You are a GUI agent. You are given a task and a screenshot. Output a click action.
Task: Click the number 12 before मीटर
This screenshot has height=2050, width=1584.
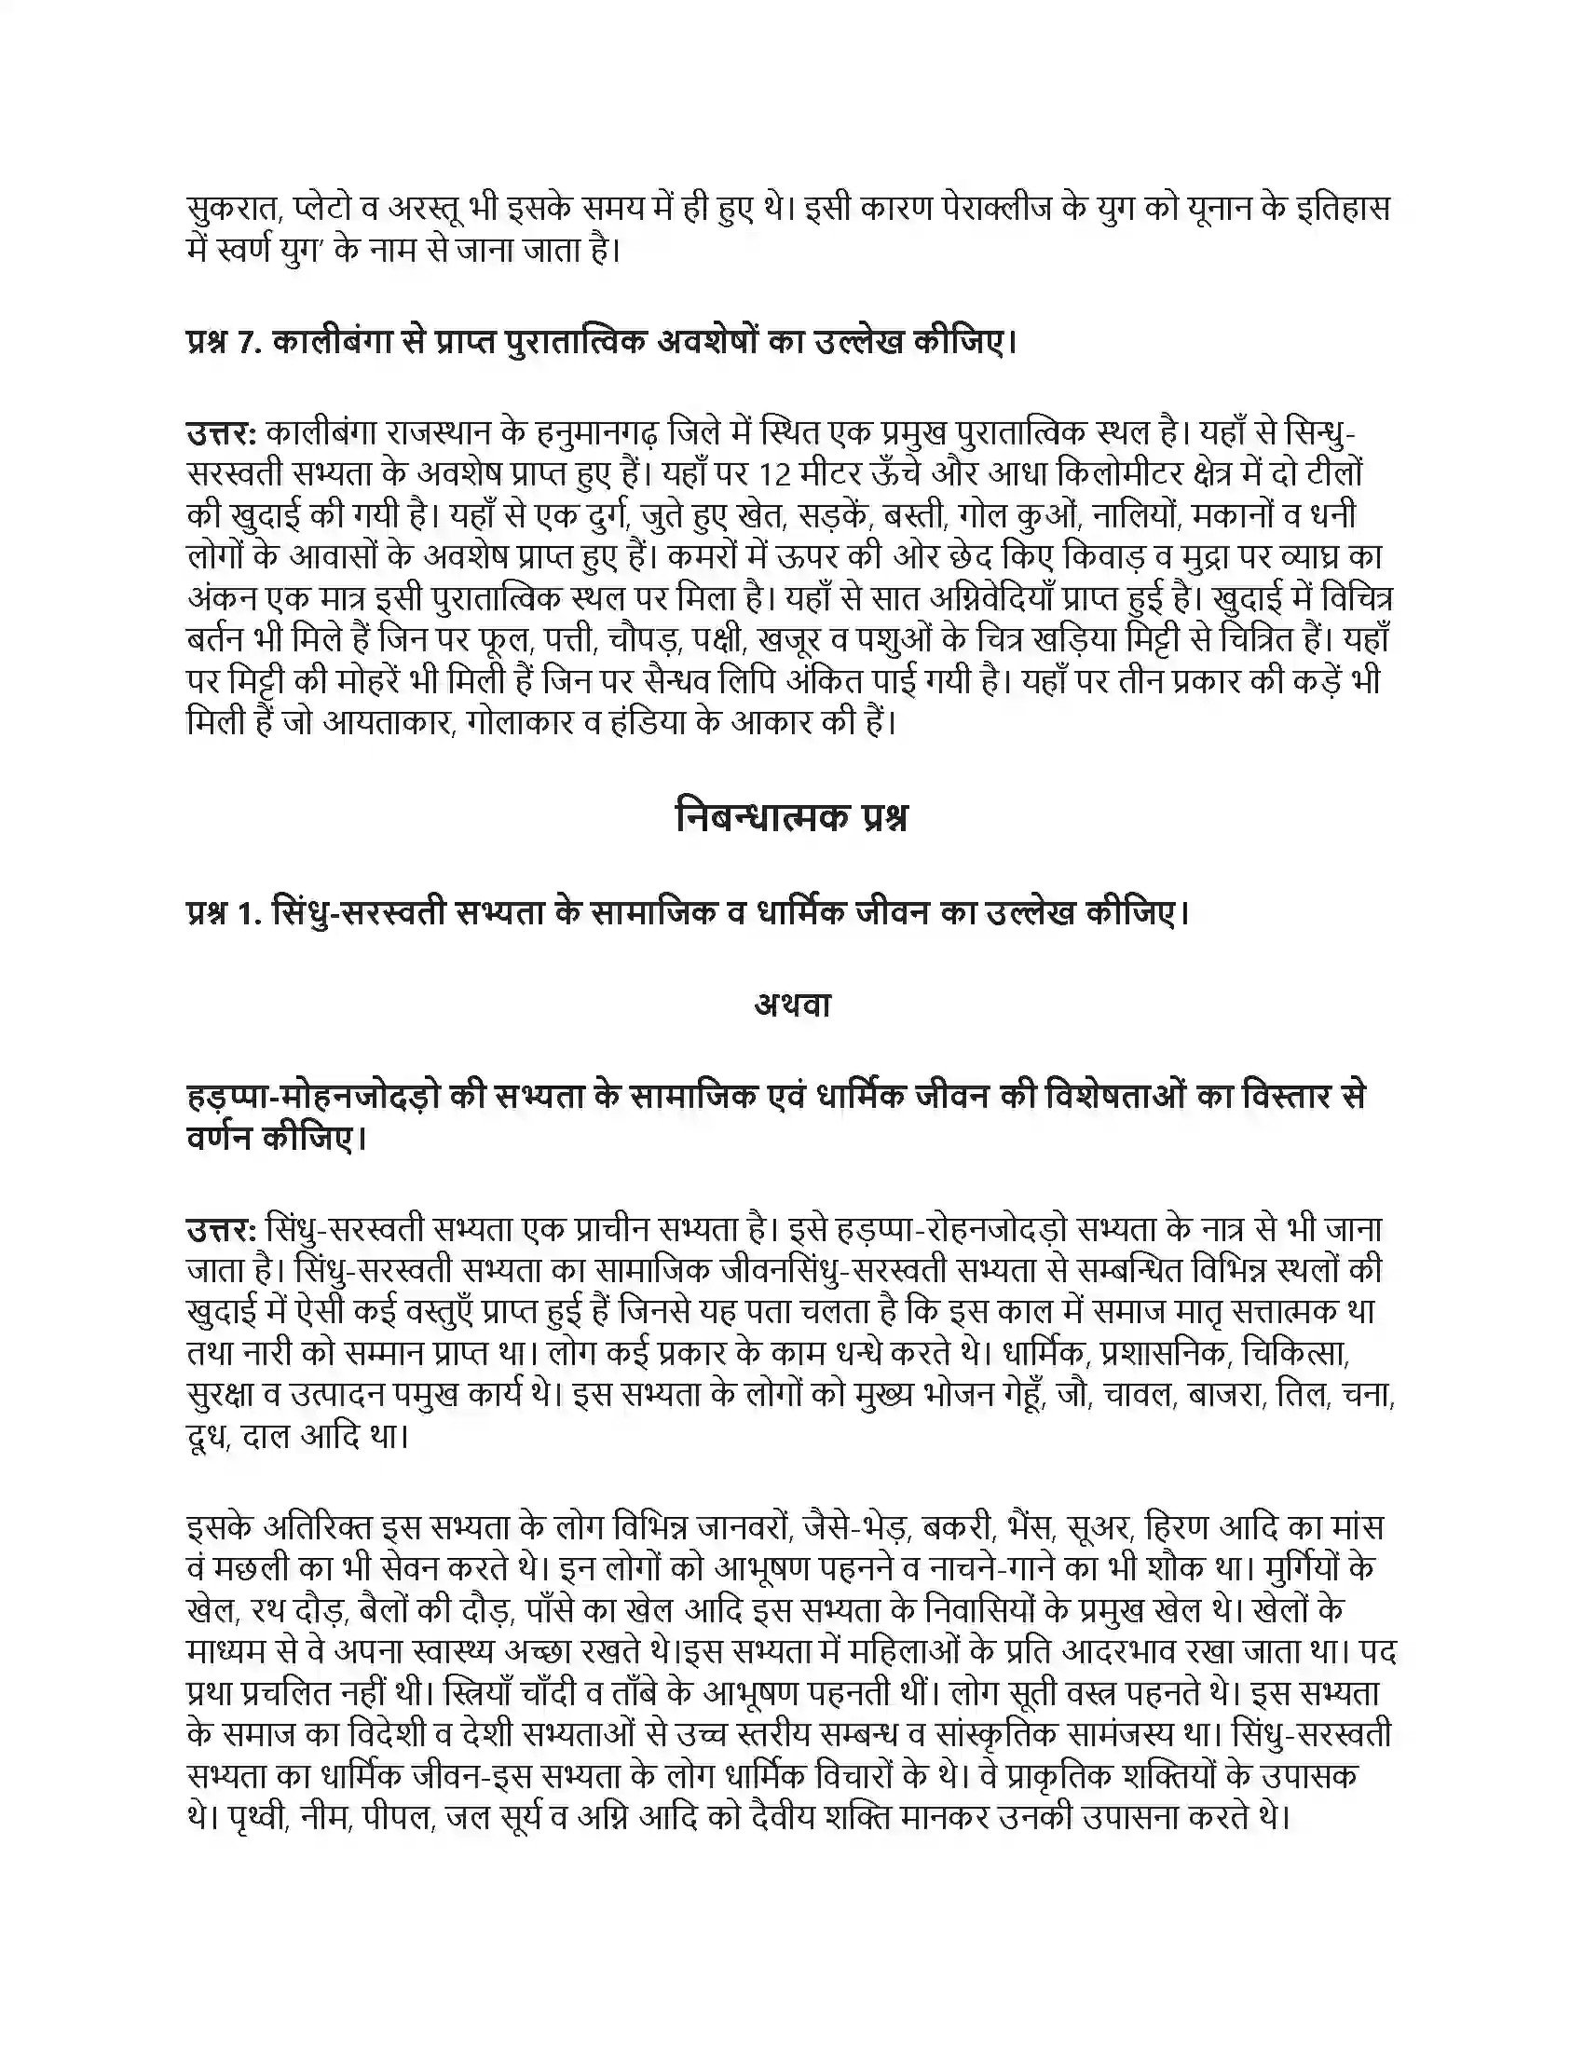coord(774,475)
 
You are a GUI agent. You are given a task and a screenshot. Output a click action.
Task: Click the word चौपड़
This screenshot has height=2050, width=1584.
coord(639,640)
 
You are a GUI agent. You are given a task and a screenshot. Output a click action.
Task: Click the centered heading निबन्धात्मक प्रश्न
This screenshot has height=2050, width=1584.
coord(791,818)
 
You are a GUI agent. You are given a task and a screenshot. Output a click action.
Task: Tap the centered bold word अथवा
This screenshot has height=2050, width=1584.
coord(792,1005)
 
